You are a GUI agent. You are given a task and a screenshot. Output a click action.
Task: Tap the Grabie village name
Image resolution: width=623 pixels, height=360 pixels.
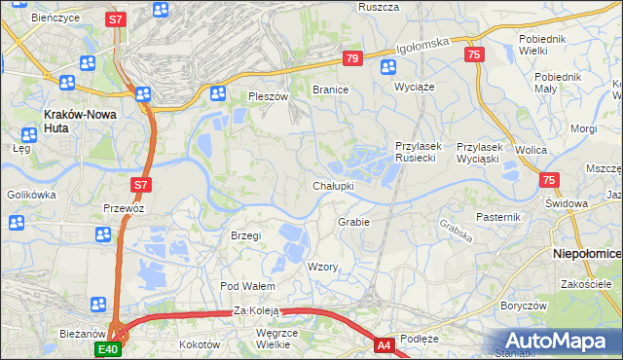pyautogui.click(x=353, y=222)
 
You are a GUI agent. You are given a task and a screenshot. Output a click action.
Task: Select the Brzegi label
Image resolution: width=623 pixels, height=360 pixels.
pyautogui.click(x=245, y=235)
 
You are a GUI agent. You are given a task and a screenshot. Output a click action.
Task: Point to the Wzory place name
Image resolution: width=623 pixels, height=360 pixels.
pyautogui.click(x=322, y=267)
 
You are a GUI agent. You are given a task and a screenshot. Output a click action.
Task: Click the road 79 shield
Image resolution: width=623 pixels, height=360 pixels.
pyautogui.click(x=352, y=59)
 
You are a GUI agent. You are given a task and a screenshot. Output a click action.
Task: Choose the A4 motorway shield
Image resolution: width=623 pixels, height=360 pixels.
pyautogui.click(x=384, y=344)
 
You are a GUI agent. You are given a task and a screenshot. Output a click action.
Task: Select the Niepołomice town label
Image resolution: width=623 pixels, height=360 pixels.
pyautogui.click(x=587, y=253)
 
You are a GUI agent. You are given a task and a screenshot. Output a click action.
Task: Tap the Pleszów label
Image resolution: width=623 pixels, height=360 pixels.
pyautogui.click(x=269, y=97)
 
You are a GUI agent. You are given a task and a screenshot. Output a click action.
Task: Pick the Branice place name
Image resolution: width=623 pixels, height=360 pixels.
pyautogui.click(x=330, y=89)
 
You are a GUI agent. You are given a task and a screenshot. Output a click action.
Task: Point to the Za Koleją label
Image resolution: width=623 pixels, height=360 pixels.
pyautogui.click(x=256, y=311)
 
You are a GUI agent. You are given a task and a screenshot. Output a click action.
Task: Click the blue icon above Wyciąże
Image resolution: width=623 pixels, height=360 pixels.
pyautogui.click(x=388, y=67)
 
